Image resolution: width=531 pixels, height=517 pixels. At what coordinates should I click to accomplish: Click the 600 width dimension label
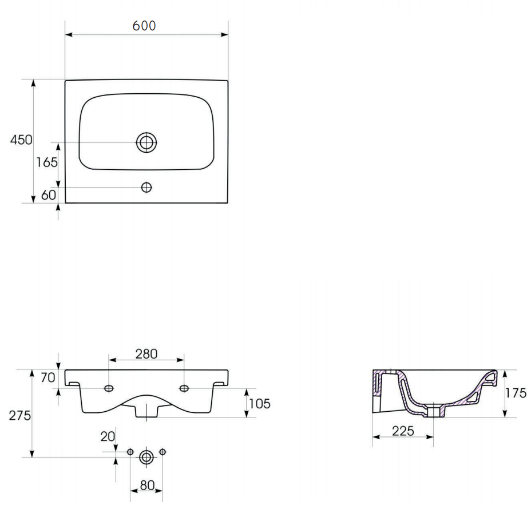pyautogui.click(x=144, y=26)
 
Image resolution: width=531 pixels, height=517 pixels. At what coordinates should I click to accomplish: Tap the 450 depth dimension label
pyautogui.click(x=21, y=140)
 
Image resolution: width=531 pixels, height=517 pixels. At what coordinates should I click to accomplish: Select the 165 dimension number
pyautogui.click(x=47, y=162)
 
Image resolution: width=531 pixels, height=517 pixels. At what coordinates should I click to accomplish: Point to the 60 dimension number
pyautogui.click(x=49, y=195)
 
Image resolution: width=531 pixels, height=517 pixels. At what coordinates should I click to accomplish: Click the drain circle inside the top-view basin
pyautogui.click(x=146, y=142)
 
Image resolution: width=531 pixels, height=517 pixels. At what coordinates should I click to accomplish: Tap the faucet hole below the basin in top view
pyautogui.click(x=146, y=187)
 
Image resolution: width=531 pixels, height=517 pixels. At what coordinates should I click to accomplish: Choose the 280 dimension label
pyautogui.click(x=146, y=354)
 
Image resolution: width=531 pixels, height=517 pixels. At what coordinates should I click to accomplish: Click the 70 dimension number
pyautogui.click(x=47, y=377)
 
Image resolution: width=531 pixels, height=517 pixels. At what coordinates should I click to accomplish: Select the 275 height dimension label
pyautogui.click(x=19, y=415)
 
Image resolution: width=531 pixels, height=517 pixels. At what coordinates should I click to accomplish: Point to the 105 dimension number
pyautogui.click(x=260, y=404)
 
